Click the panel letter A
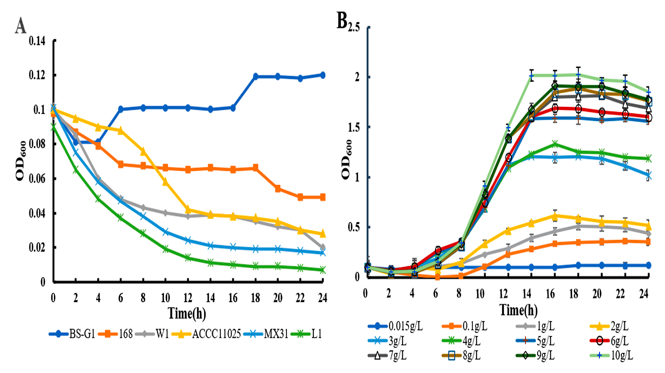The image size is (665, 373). point(20,26)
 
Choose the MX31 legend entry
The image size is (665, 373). point(266,334)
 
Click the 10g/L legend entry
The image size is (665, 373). point(612,356)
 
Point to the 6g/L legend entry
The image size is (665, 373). point(610,341)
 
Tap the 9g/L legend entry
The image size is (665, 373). point(536,356)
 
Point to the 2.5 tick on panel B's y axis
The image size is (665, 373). point(353,27)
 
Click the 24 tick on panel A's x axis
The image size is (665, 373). point(322,298)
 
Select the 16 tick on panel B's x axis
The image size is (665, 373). point(550,294)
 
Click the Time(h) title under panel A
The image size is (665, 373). point(187,314)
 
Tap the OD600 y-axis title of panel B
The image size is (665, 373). point(346,159)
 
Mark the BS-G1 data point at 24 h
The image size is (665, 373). point(322,75)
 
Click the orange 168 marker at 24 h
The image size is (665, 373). point(322,197)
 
